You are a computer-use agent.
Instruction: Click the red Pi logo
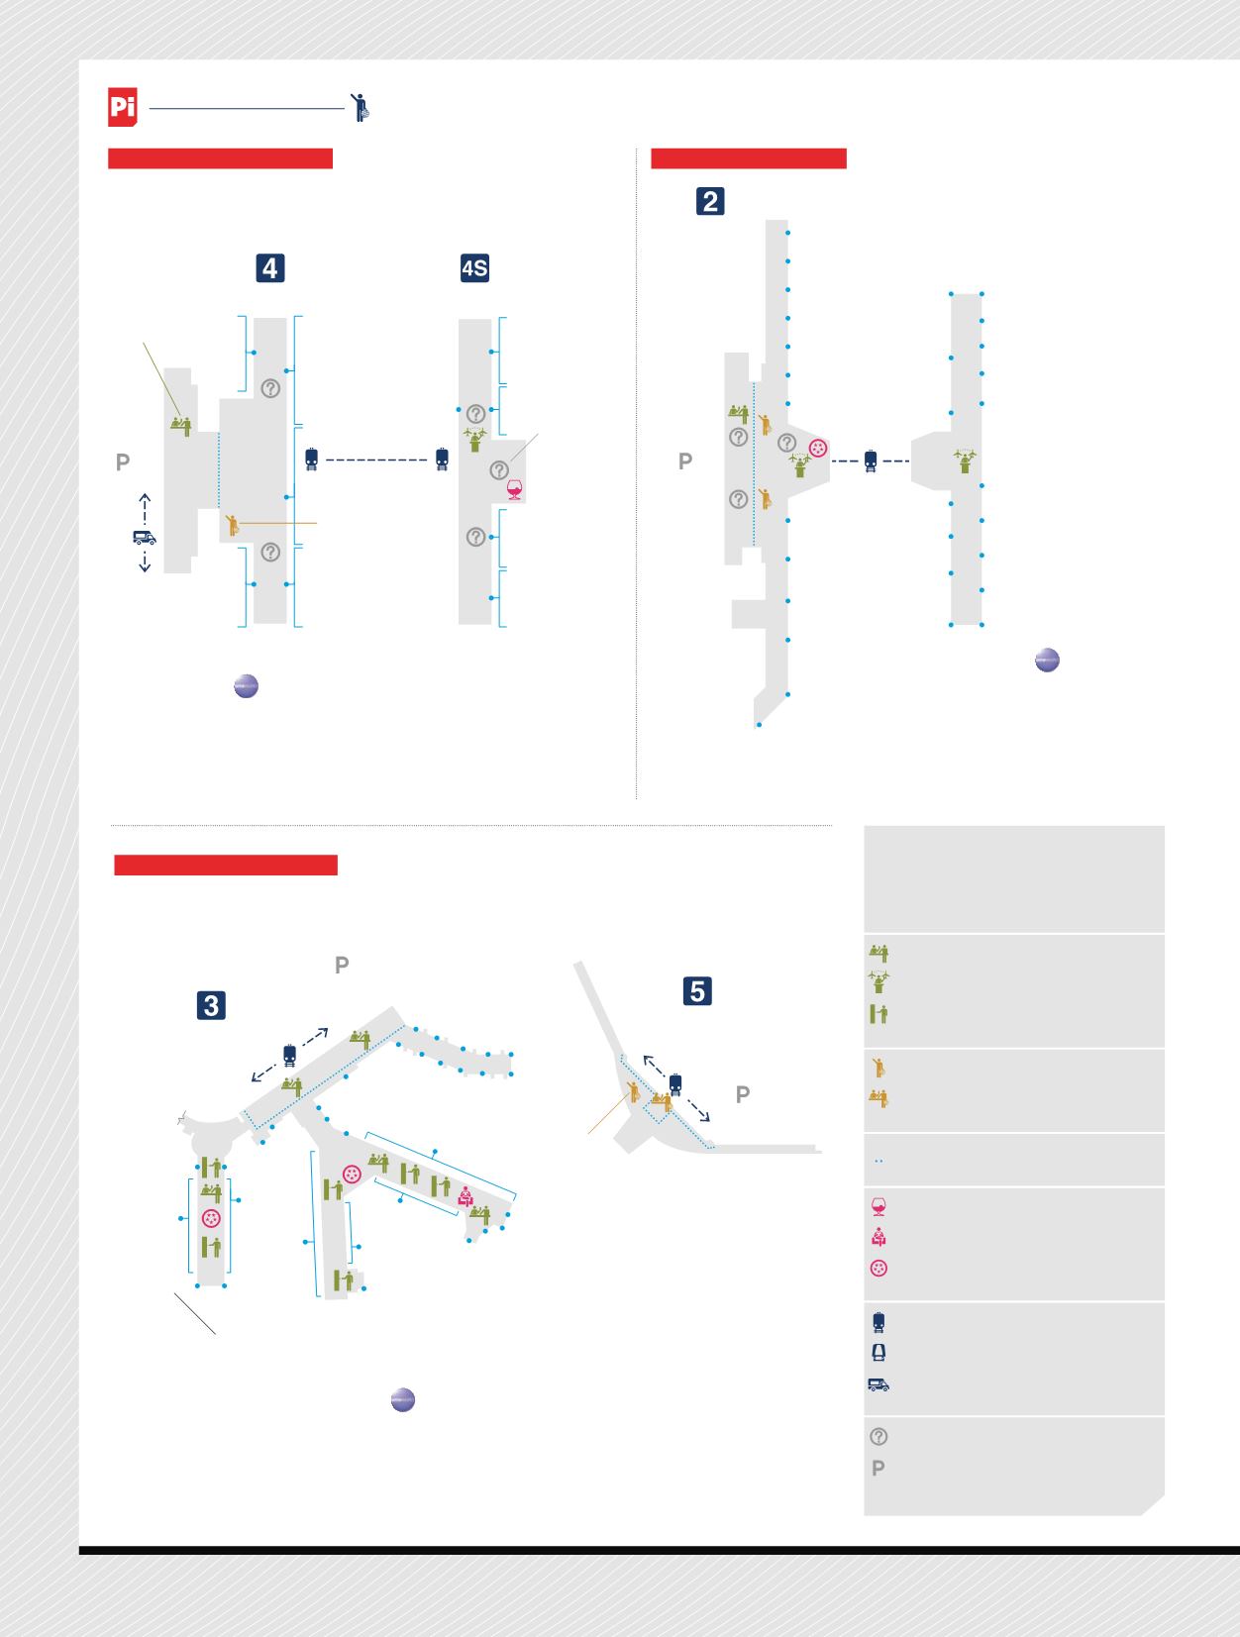122,107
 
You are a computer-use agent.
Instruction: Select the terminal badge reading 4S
474,268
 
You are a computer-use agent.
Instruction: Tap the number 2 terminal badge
710,201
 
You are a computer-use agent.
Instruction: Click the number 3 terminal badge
211,1005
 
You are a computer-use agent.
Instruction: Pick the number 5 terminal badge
697,991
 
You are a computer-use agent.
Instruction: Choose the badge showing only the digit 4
270,268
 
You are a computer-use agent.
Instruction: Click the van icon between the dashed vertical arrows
145,537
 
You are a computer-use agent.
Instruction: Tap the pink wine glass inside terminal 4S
514,489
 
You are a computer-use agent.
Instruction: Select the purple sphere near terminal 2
1047,660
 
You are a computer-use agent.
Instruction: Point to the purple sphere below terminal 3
403,1400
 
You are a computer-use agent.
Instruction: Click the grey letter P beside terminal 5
743,1094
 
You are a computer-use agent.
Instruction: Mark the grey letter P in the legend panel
878,1468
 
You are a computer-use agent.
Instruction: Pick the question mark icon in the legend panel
878,1436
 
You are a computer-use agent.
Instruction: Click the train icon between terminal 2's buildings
871,460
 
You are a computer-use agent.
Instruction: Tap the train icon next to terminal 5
675,1084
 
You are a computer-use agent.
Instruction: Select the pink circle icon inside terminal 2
818,448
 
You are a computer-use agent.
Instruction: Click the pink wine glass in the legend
878,1206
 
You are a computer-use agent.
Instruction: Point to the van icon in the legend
878,1384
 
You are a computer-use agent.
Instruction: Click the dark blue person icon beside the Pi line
361,107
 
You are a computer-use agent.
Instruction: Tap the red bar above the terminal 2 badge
749,158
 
